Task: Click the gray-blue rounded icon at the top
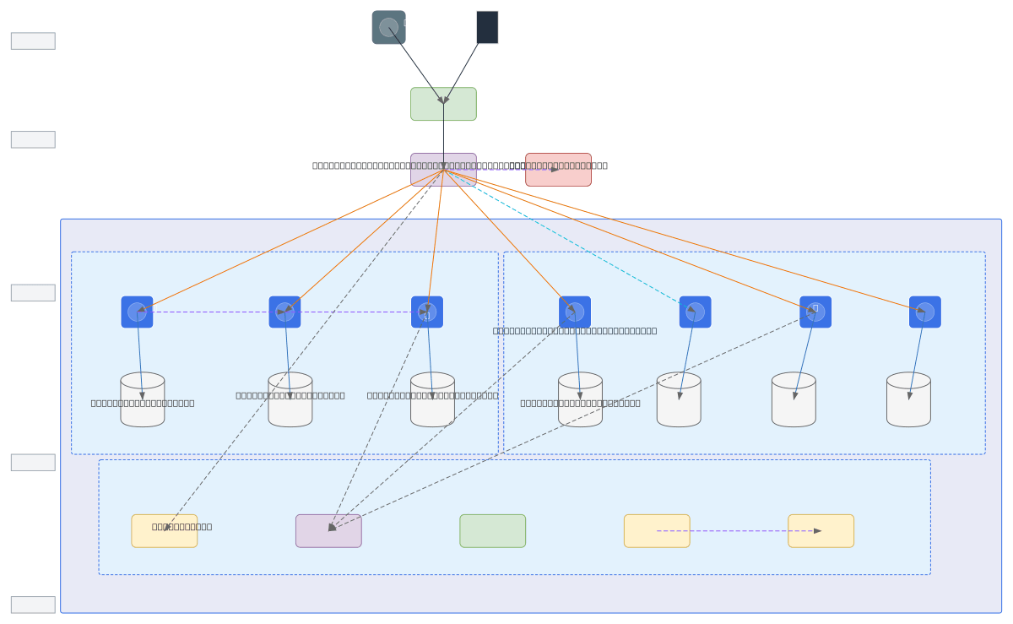[388, 27]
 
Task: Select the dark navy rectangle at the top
[487, 27]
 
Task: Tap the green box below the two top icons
[443, 104]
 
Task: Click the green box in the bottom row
[492, 531]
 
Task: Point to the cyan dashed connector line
[566, 237]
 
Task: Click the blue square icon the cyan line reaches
[695, 312]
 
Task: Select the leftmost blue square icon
[137, 312]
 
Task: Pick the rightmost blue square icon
[924, 312]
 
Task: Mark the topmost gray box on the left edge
[33, 41]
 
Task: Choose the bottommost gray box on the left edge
[33, 605]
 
